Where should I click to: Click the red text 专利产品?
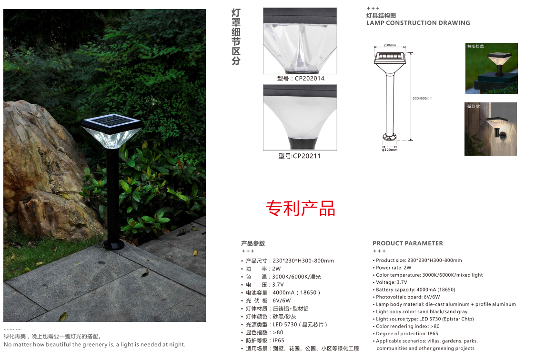tap(300, 208)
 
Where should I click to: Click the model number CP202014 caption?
tap(301, 79)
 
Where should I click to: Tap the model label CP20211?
tap(300, 156)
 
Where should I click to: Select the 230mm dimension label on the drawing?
tap(390, 45)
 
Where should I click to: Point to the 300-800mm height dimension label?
tap(422, 98)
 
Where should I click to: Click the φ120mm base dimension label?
tap(389, 150)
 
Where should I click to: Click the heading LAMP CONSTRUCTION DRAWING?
tap(418, 23)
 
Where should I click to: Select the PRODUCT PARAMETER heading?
tap(408, 243)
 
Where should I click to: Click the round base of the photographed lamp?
tap(114, 244)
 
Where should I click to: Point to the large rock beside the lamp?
tap(44, 170)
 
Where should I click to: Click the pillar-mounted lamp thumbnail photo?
tap(491, 68)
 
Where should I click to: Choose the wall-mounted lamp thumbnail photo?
tap(491, 129)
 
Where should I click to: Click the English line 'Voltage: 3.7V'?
tap(391, 282)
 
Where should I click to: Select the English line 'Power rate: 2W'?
tap(394, 268)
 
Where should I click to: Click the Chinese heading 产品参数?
tap(253, 243)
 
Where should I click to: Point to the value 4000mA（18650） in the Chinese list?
tap(296, 292)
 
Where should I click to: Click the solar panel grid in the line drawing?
tap(390, 56)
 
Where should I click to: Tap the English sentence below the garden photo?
tap(94, 344)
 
